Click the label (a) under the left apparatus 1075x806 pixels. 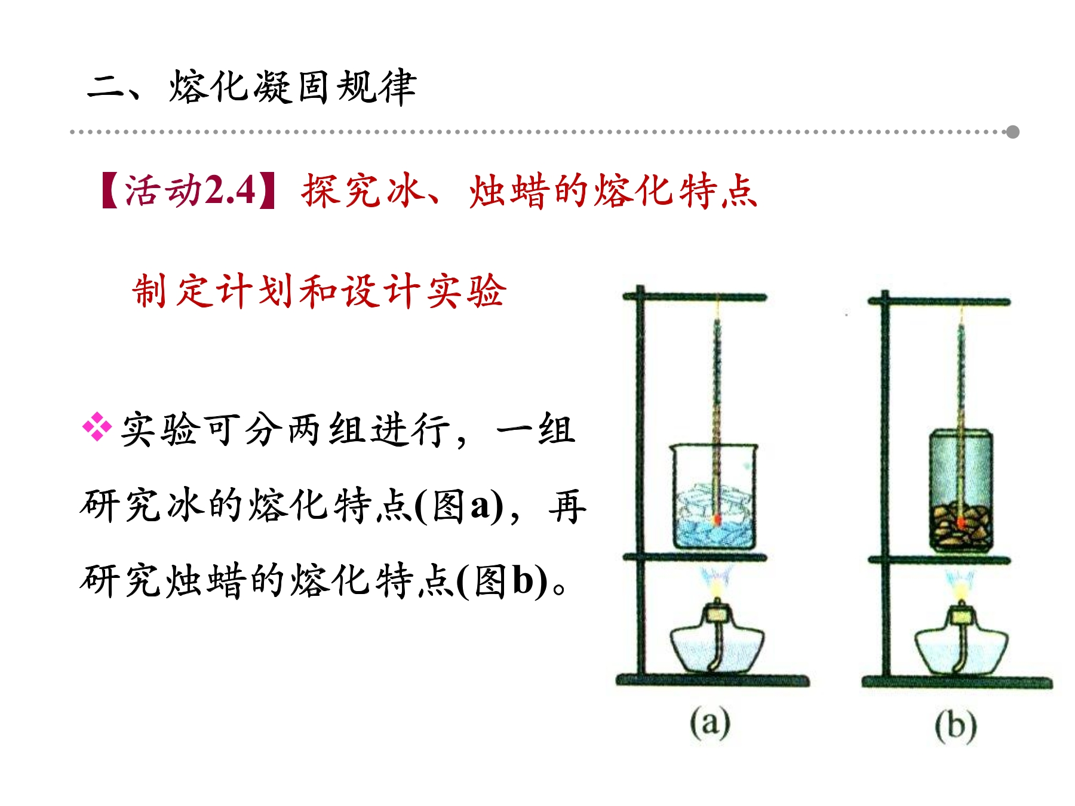pyautogui.click(x=710, y=723)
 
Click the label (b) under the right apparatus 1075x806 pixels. pyautogui.click(x=956, y=727)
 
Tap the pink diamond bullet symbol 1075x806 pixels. pyautogui.click(x=97, y=427)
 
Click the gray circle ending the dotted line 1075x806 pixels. pyautogui.click(x=1012, y=132)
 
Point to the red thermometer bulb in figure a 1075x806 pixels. pyautogui.click(x=717, y=519)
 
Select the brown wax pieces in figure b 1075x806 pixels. pyautogui.click(x=961, y=528)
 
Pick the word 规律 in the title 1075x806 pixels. pyautogui.click(x=376, y=87)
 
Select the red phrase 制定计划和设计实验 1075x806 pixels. pyautogui.click(x=320, y=291)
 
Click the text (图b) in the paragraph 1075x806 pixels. pyautogui.click(x=502, y=580)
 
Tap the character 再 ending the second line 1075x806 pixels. pyautogui.click(x=567, y=506)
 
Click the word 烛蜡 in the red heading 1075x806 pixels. pyautogui.click(x=509, y=191)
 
